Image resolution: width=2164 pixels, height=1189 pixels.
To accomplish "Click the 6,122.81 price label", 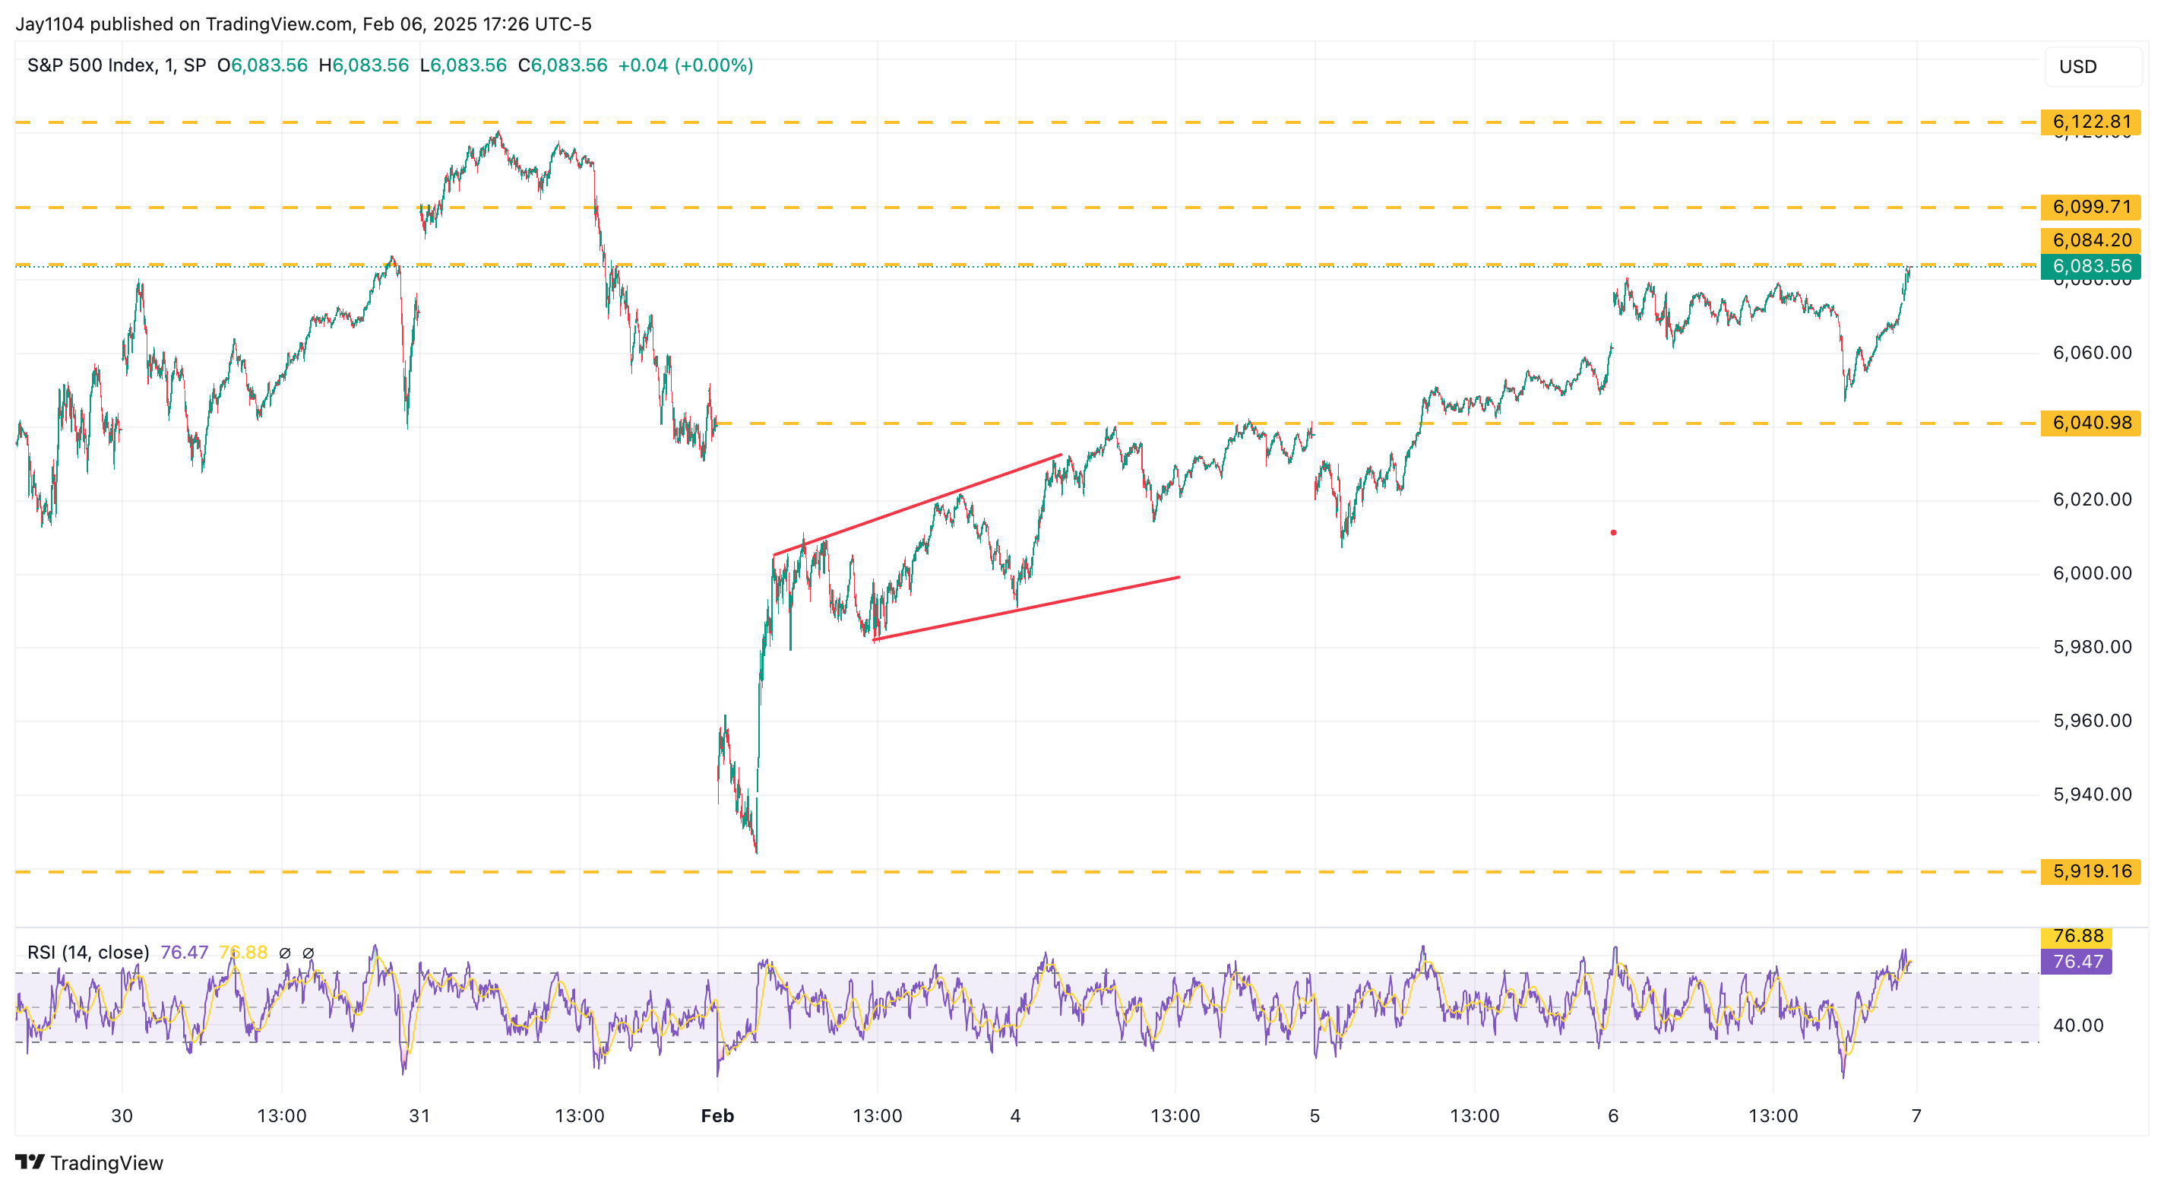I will click(2090, 122).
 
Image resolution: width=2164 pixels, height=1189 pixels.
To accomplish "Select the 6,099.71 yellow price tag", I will click(2090, 207).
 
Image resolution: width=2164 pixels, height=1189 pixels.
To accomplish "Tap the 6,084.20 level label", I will click(2090, 240).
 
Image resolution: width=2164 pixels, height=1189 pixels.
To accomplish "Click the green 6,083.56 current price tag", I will click(2090, 266).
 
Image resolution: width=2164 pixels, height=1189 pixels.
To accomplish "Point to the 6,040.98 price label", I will click(2090, 423).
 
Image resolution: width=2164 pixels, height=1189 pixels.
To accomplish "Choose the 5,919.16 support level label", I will click(2090, 871).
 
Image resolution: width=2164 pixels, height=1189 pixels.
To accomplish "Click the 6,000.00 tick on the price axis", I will click(2091, 573).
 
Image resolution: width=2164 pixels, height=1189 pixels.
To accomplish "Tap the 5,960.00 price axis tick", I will click(2091, 721).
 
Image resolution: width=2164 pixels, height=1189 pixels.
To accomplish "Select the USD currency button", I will click(2077, 66).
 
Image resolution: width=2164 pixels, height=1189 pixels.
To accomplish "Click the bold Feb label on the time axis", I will click(717, 1116).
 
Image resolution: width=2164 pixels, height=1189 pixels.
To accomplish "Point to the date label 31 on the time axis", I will click(419, 1116).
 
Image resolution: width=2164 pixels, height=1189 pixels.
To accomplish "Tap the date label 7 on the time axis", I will click(1916, 1116).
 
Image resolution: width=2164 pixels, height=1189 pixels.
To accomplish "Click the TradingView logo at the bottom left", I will click(89, 1163).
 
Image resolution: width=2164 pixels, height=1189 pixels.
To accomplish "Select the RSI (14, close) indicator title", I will click(88, 952).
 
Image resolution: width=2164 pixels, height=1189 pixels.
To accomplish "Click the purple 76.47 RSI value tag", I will click(2077, 961).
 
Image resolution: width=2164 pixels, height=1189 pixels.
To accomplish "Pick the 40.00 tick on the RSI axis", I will click(2077, 1025).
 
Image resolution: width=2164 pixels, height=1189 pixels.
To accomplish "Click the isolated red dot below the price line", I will click(1613, 533).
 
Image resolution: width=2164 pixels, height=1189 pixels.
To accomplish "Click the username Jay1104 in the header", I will click(49, 24).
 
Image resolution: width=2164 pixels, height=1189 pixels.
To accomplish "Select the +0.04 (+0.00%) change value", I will click(685, 65).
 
